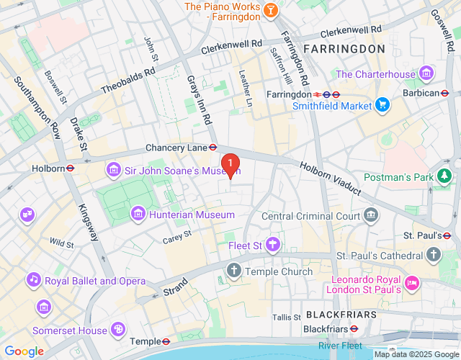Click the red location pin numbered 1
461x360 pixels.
(230, 165)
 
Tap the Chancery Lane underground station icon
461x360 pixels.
(213, 147)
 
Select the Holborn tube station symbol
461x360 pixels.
(71, 168)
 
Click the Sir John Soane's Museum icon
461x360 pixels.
(113, 171)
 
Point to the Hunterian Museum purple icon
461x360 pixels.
(138, 214)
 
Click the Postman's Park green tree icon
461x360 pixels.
(446, 176)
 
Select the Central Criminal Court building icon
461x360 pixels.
(371, 214)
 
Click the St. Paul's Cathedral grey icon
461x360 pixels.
(433, 255)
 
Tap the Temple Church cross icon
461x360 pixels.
(233, 271)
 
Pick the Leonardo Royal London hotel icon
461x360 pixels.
(412, 282)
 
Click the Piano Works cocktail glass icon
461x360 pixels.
(271, 10)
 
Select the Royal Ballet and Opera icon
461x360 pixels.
(33, 279)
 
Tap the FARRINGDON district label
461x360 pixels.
(344, 48)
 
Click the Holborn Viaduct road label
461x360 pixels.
(336, 177)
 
